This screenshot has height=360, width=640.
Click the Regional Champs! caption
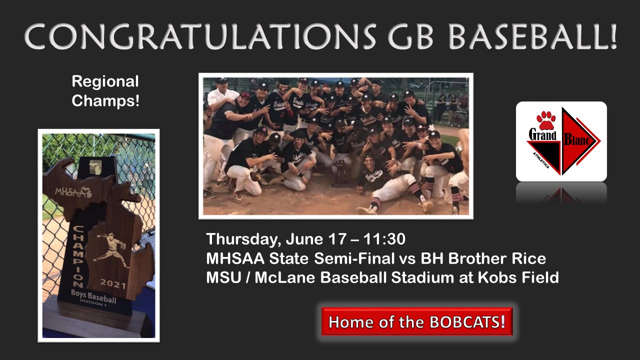point(105,91)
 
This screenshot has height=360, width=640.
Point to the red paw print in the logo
point(545,120)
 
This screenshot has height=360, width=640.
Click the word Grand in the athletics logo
point(543,135)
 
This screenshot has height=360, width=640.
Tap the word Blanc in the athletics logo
point(580,141)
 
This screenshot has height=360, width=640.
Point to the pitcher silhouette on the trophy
point(111,248)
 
